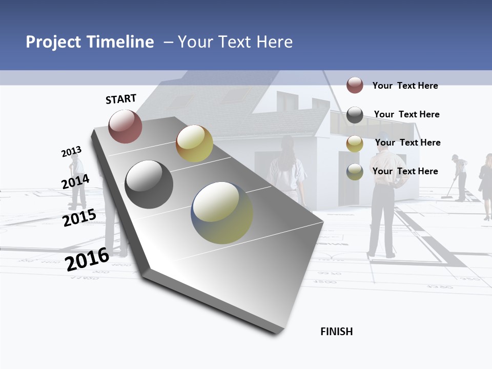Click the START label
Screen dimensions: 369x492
(121, 99)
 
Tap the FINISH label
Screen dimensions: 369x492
(337, 332)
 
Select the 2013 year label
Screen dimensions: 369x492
(71, 152)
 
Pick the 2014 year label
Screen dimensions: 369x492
(75, 181)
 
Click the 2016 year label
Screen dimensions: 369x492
(87, 259)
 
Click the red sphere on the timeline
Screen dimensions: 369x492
(125, 127)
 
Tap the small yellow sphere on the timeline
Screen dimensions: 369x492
(194, 144)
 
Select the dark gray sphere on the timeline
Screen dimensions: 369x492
(149, 184)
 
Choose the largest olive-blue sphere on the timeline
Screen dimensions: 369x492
(222, 213)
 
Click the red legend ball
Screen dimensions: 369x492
(355, 85)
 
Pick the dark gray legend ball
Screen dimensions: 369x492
(355, 115)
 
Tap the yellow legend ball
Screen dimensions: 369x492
(355, 143)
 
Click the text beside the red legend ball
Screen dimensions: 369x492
(405, 86)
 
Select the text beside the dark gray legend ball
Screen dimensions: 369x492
(406, 114)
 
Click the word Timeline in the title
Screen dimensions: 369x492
(120, 42)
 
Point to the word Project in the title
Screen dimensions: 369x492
(53, 42)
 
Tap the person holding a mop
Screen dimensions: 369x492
(460, 177)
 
